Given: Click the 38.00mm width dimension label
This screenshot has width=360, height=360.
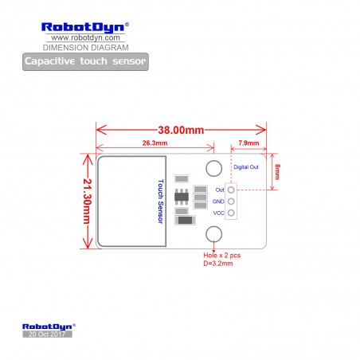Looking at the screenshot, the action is (x=181, y=130).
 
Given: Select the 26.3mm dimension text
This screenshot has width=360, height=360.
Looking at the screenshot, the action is (x=155, y=143).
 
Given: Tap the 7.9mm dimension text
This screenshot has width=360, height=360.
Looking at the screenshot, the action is (x=248, y=143).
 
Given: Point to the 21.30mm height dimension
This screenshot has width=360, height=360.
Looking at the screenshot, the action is (x=87, y=201).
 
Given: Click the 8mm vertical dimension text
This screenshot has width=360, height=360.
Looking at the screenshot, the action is (x=277, y=171).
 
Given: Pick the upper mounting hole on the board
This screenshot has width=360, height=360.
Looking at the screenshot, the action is (x=213, y=168).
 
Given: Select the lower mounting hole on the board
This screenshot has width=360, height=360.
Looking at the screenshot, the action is (x=213, y=234).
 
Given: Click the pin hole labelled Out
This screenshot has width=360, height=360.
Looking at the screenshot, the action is (x=231, y=190).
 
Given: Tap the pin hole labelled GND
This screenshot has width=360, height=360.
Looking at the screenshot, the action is (x=231, y=202).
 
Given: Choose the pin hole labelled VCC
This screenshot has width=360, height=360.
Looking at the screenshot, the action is (x=231, y=213).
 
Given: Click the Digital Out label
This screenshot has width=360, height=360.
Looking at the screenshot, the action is (x=246, y=167).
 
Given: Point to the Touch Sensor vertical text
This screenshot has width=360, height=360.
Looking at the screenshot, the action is (x=161, y=202).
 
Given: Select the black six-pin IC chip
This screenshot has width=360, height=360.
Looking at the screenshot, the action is (x=182, y=197).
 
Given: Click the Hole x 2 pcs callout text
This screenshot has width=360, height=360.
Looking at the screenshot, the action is (x=222, y=256).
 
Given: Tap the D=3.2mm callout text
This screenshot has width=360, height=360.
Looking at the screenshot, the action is (x=218, y=264).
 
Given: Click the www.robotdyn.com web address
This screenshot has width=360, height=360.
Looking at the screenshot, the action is (x=85, y=37).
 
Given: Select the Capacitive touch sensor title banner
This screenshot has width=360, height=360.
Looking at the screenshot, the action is (x=85, y=61).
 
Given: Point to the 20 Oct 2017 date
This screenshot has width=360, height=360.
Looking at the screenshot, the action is (x=47, y=335).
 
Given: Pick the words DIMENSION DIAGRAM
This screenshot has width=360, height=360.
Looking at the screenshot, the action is (x=86, y=48).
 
